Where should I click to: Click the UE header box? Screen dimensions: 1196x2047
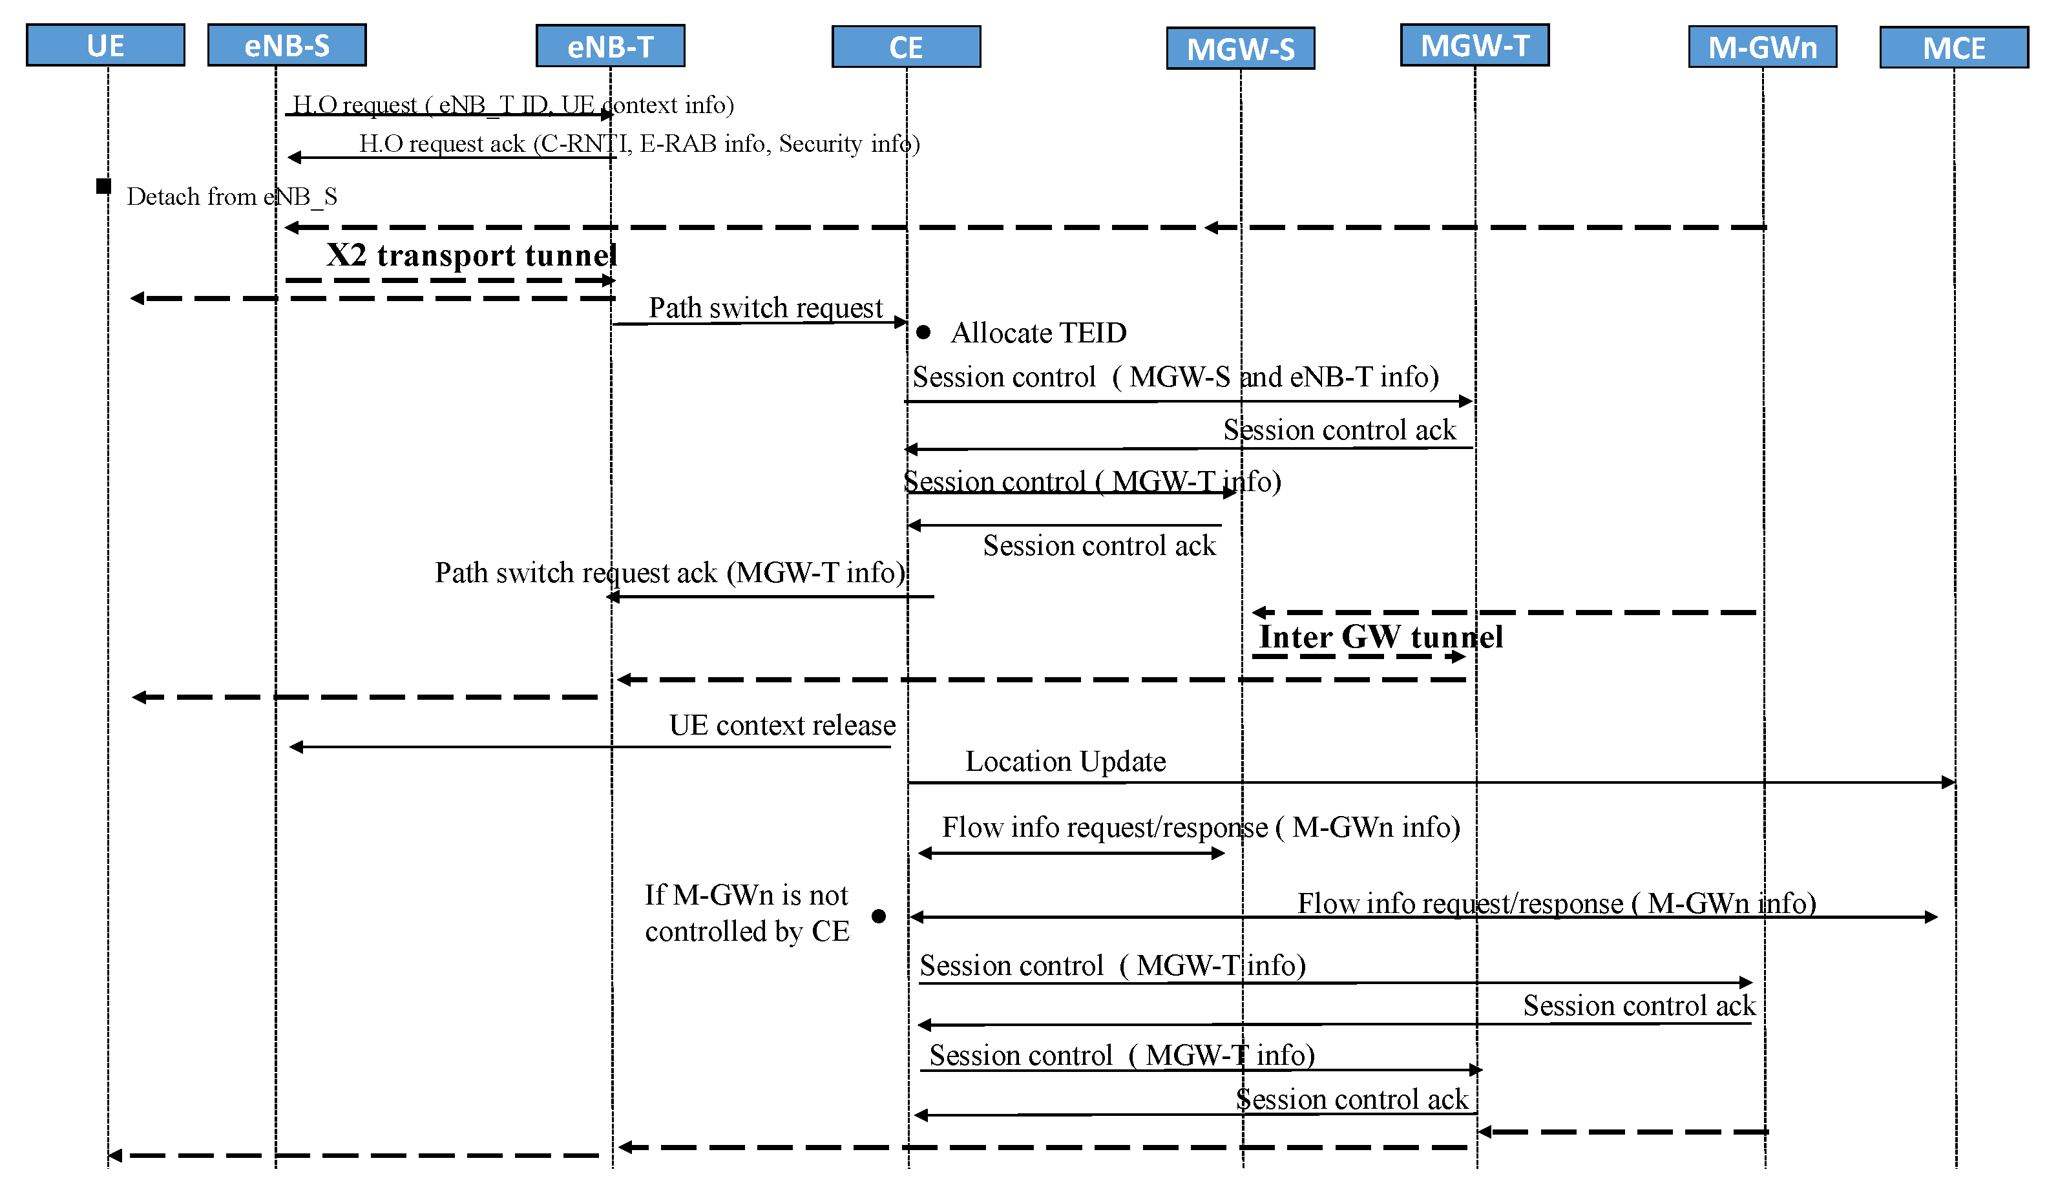(x=105, y=45)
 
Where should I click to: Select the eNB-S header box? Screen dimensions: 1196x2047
(x=287, y=45)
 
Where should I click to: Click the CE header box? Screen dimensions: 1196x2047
(x=906, y=47)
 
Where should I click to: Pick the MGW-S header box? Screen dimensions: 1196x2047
(x=1241, y=48)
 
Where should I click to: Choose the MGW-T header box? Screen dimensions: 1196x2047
(x=1475, y=45)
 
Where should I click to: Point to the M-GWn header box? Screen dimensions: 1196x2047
(x=1762, y=47)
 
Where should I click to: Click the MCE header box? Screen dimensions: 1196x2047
(x=1953, y=48)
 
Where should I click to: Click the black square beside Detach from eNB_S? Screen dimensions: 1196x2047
(x=103, y=186)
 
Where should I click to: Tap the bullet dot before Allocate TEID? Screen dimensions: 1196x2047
(x=923, y=332)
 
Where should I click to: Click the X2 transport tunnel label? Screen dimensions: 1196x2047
(x=471, y=255)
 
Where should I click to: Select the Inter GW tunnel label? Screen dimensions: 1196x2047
(x=1380, y=637)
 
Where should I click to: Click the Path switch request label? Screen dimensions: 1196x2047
(x=764, y=308)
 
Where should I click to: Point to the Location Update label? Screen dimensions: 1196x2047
(x=1065, y=761)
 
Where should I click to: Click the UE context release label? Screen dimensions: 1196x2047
(x=782, y=725)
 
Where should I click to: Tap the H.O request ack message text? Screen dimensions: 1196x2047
(x=639, y=144)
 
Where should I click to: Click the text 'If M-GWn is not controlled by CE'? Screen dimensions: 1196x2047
(x=746, y=913)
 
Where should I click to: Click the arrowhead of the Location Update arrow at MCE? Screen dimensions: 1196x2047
(x=1948, y=782)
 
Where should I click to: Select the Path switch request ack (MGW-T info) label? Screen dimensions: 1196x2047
(x=670, y=573)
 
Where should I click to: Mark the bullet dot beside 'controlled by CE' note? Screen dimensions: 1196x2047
(x=878, y=916)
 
